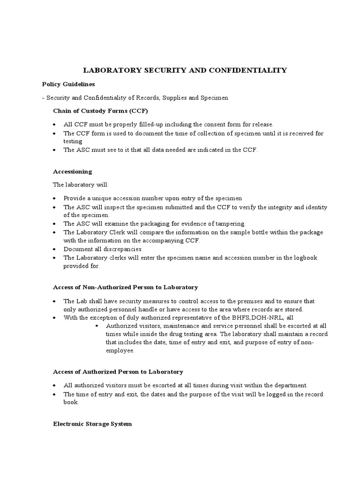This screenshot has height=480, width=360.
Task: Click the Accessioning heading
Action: tap(72, 172)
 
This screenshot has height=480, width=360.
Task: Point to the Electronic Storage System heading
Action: tap(92, 424)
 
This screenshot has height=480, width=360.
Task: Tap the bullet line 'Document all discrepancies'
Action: tap(103, 249)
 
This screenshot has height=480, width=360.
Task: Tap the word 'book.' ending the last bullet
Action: tap(71, 402)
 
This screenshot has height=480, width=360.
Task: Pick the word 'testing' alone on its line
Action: tap(73, 142)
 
